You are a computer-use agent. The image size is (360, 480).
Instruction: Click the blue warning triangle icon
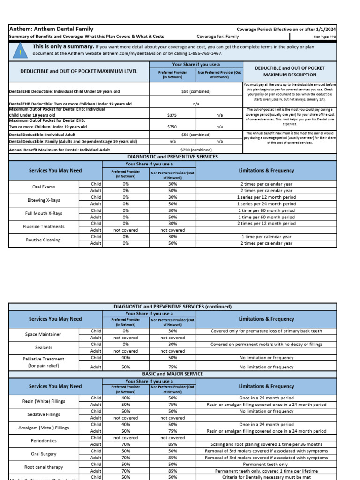click(x=20, y=50)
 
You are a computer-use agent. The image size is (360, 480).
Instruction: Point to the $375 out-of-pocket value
click(x=172, y=114)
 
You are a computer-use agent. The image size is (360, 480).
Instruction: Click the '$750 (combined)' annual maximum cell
click(x=196, y=150)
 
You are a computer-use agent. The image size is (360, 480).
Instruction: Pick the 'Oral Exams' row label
click(x=44, y=187)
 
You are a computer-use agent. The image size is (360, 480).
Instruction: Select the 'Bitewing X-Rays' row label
click(x=44, y=200)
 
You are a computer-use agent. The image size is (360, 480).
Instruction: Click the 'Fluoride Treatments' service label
click(x=44, y=226)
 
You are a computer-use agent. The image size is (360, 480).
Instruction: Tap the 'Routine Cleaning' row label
click(x=44, y=240)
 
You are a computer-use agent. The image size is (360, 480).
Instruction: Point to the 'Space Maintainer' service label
click(x=44, y=334)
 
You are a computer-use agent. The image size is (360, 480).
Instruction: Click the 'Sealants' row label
click(x=44, y=347)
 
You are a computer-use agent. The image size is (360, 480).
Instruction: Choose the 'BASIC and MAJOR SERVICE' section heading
click(x=172, y=374)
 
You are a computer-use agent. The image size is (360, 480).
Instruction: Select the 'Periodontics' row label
click(x=44, y=441)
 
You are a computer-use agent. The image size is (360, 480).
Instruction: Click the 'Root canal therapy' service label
click(x=44, y=467)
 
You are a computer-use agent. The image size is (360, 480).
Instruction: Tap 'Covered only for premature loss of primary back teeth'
click(x=266, y=331)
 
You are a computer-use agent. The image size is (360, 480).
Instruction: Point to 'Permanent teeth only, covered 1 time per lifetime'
click(x=266, y=471)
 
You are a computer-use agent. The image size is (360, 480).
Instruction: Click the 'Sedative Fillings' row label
click(x=44, y=414)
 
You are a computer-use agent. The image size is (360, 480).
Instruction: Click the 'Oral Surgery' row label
click(x=44, y=454)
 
